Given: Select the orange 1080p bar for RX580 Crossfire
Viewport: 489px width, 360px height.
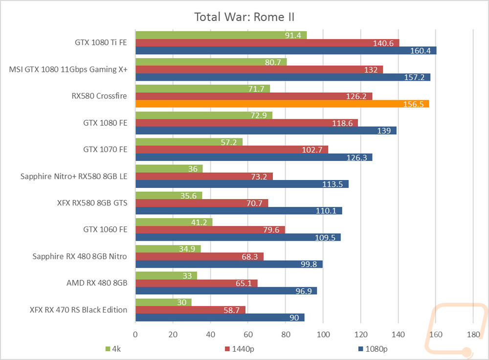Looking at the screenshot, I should pyautogui.click(x=282, y=104).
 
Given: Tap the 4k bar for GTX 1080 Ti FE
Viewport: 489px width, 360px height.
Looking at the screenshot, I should pyautogui.click(x=221, y=35).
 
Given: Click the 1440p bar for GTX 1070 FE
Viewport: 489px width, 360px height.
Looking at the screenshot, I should pyautogui.click(x=231, y=150).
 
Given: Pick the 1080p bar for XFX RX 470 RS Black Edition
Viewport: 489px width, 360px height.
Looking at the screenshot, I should pyautogui.click(x=220, y=317).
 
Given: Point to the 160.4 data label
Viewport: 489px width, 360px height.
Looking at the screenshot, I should pyautogui.click(x=422, y=51).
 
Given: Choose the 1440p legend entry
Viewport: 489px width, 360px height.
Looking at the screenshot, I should pyautogui.click(x=240, y=349).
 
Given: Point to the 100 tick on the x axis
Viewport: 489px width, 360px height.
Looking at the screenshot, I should pyautogui.click(x=323, y=335).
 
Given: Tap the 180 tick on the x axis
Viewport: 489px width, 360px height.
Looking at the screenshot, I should pyautogui.click(x=473, y=335).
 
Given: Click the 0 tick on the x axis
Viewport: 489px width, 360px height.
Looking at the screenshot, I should pyautogui.click(x=135, y=335).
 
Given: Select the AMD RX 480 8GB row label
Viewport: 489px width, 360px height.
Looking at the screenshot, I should pyautogui.click(x=97, y=283).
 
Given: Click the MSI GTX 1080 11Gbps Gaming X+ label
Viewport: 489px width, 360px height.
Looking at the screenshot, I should pyautogui.click(x=68, y=69).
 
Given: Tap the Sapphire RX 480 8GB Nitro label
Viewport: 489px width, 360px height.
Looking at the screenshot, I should pyautogui.click(x=80, y=256).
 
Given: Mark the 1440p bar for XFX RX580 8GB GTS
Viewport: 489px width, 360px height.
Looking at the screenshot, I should pyautogui.click(x=201, y=203).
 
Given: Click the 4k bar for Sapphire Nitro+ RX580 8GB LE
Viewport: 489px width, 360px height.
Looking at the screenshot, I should pyautogui.click(x=169, y=169).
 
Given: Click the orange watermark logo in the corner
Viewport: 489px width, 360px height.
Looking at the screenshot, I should pyautogui.click(x=462, y=333).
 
